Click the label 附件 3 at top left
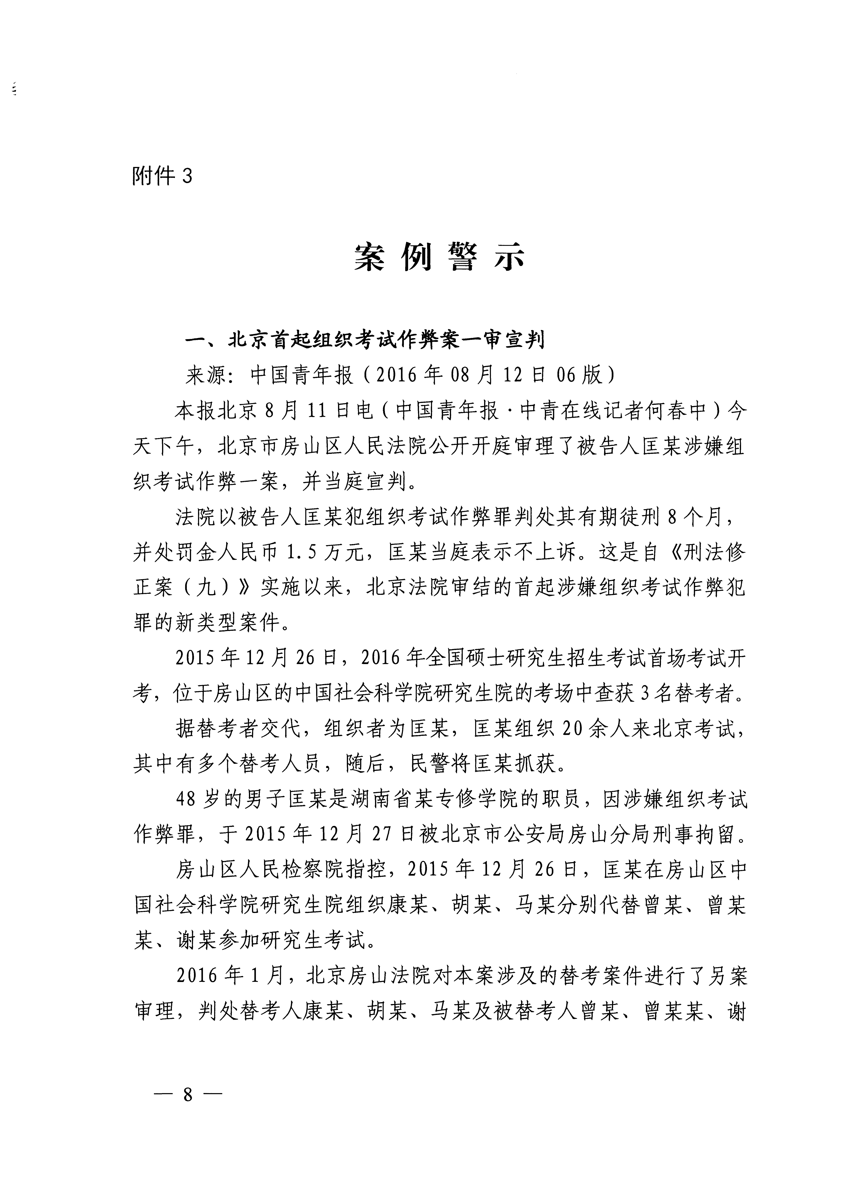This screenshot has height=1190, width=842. coord(162,177)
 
